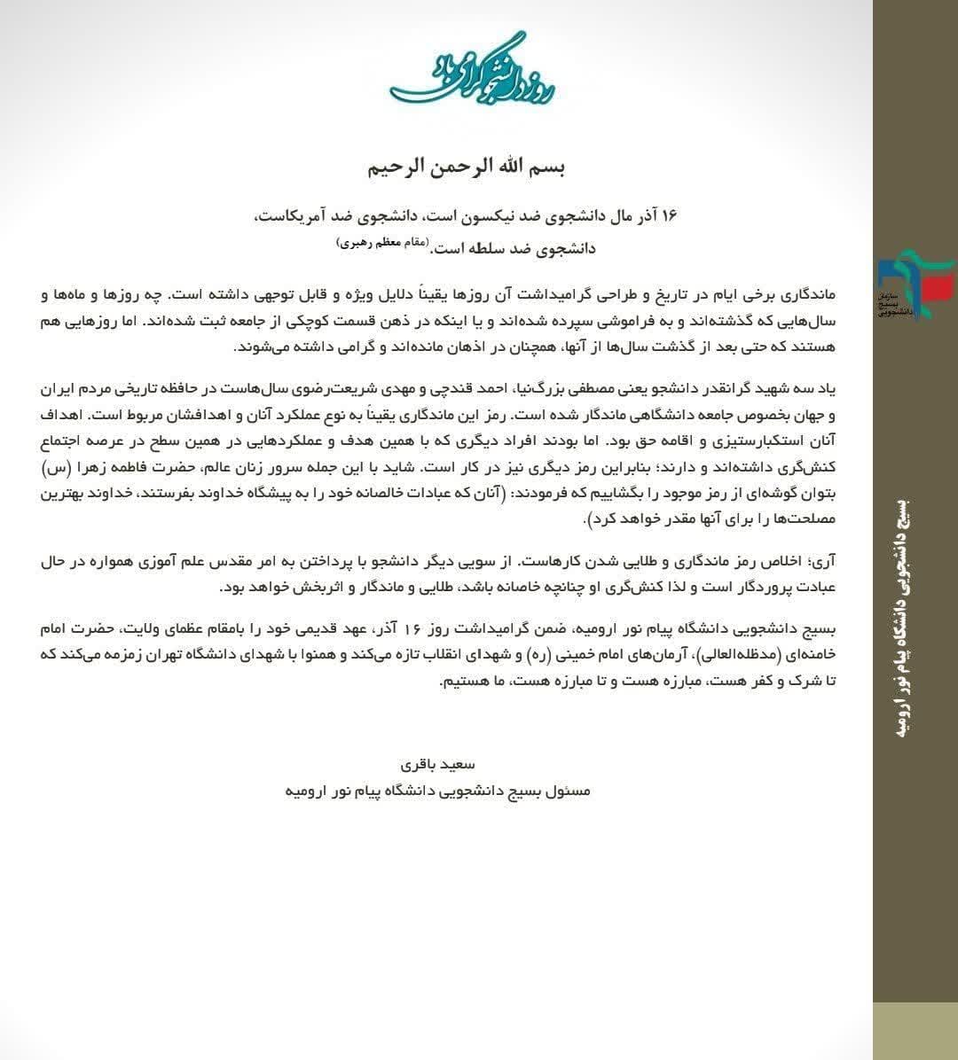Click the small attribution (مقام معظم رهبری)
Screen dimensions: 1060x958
[382, 242]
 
